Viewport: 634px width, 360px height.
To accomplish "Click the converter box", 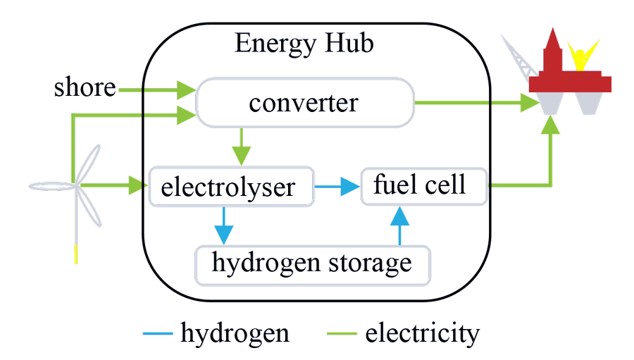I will (304, 104).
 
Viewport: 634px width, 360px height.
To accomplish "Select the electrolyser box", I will (231, 187).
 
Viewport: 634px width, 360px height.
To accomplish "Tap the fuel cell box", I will (423, 185).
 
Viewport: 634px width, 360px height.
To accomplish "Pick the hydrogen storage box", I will (311, 263).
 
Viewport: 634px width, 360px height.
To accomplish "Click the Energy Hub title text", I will (304, 44).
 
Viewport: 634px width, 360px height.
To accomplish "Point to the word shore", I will (85, 88).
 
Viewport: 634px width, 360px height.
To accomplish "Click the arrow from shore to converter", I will (158, 89).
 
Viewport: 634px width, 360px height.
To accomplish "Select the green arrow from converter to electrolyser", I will (242, 145).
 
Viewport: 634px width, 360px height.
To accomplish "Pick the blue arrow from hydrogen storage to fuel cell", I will (400, 225).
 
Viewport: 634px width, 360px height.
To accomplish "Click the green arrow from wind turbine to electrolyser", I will (113, 187).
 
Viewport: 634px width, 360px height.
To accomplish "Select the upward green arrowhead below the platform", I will (552, 125).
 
